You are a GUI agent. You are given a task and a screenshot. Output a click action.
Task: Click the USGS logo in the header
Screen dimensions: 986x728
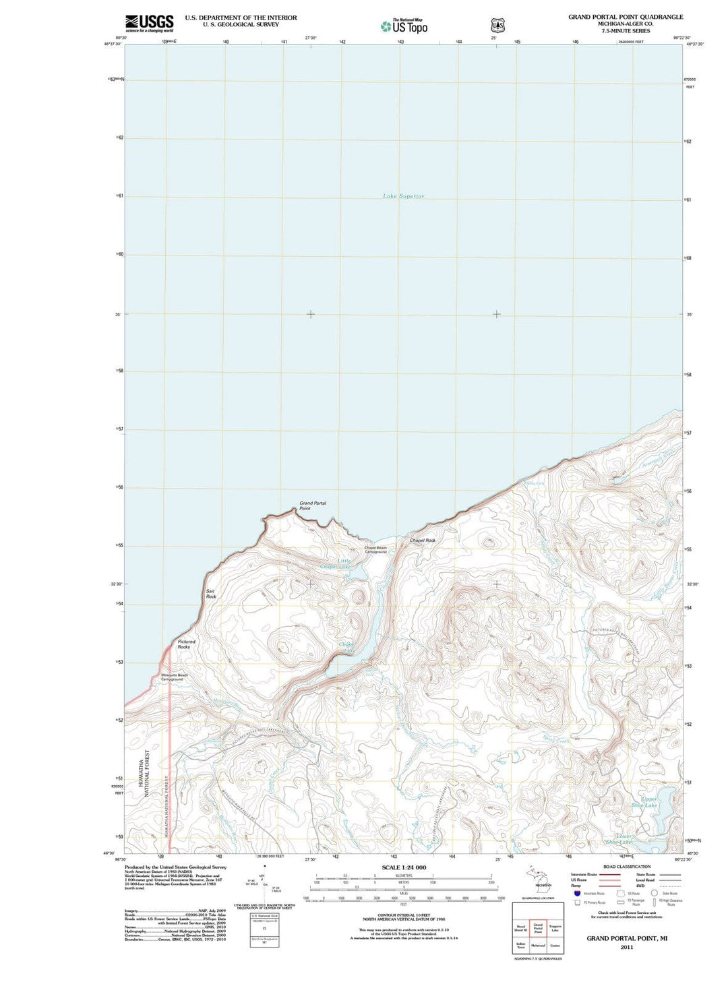[x=149, y=23]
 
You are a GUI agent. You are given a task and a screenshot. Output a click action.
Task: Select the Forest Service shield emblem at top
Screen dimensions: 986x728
[x=497, y=26]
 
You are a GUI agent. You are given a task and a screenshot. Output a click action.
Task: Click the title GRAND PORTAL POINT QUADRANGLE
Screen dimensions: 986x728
[x=625, y=17]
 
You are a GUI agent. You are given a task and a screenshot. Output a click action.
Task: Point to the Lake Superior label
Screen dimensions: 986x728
[x=403, y=196]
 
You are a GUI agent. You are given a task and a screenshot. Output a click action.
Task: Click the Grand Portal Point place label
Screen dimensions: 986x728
[x=312, y=505]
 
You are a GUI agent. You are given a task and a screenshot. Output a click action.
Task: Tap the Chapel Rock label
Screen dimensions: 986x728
[x=423, y=541]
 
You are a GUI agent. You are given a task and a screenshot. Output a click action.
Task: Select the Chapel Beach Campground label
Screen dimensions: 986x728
[x=375, y=550]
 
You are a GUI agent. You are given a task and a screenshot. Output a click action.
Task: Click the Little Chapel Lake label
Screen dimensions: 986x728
[x=344, y=564]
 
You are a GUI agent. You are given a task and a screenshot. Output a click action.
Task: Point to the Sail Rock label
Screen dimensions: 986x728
[x=211, y=594]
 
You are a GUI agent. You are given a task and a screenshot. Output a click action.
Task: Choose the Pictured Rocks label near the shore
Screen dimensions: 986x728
[x=186, y=644]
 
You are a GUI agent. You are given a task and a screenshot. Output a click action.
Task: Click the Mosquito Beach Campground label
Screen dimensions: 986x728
[x=174, y=677]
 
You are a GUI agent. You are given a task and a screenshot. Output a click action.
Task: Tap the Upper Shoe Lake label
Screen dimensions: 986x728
[x=649, y=802]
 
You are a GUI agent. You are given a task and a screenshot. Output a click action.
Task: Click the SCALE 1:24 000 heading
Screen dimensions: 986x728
[x=404, y=867]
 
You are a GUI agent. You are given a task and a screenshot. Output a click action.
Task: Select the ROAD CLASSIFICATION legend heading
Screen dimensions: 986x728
[x=626, y=867]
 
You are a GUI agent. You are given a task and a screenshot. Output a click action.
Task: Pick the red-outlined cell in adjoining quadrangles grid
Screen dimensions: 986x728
[x=538, y=928]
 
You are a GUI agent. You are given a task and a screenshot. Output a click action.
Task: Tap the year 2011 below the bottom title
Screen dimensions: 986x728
[x=626, y=947]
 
